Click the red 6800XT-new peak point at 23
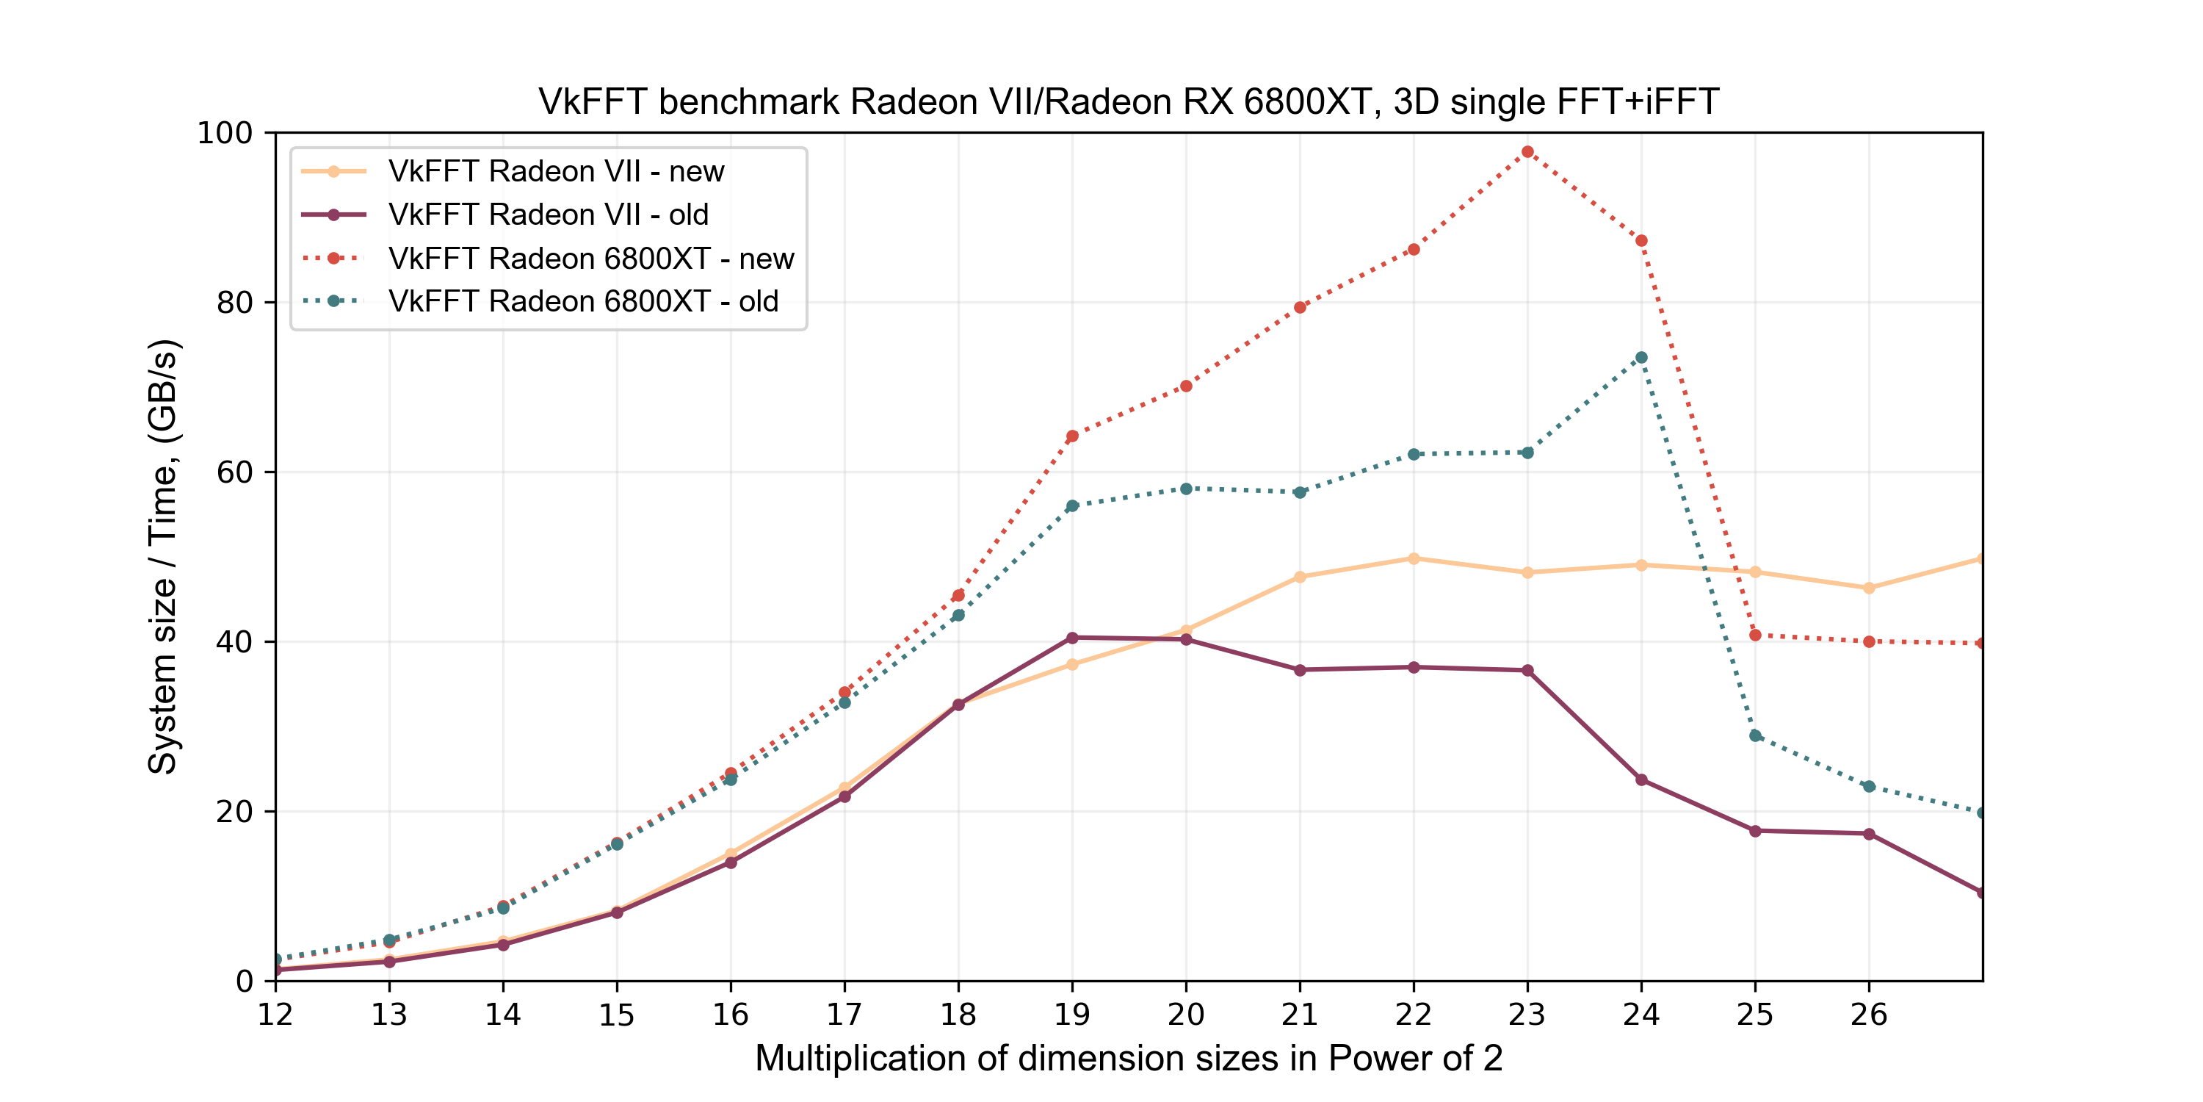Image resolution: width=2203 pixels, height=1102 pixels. [x=1527, y=152]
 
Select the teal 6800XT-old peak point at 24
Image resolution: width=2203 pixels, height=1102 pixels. [x=1641, y=358]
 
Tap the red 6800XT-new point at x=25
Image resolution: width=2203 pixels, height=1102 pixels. [x=1755, y=635]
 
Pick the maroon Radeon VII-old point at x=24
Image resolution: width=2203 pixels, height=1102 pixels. [x=1641, y=779]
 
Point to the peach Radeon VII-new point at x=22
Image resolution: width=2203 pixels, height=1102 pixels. [x=1414, y=558]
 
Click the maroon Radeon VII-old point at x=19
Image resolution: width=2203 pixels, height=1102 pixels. [x=1072, y=638]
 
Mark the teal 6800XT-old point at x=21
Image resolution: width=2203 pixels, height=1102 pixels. [x=1300, y=492]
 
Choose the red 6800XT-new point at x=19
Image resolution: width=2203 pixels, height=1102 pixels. [x=1072, y=436]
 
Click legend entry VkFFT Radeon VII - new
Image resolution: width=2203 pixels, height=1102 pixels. [x=556, y=171]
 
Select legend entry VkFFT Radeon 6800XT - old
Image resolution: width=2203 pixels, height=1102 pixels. [x=583, y=301]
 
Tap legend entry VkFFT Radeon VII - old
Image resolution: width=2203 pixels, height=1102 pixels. [x=549, y=215]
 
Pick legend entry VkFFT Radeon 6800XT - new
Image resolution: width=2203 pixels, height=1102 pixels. [x=591, y=259]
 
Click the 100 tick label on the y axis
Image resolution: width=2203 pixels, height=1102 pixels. [x=225, y=134]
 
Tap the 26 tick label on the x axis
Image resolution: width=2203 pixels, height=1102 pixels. [x=1869, y=1015]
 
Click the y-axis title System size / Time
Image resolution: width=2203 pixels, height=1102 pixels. [x=162, y=556]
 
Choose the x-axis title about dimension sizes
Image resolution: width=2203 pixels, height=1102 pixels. [x=1128, y=1059]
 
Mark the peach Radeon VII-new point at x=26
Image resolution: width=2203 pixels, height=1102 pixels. [x=1869, y=588]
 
